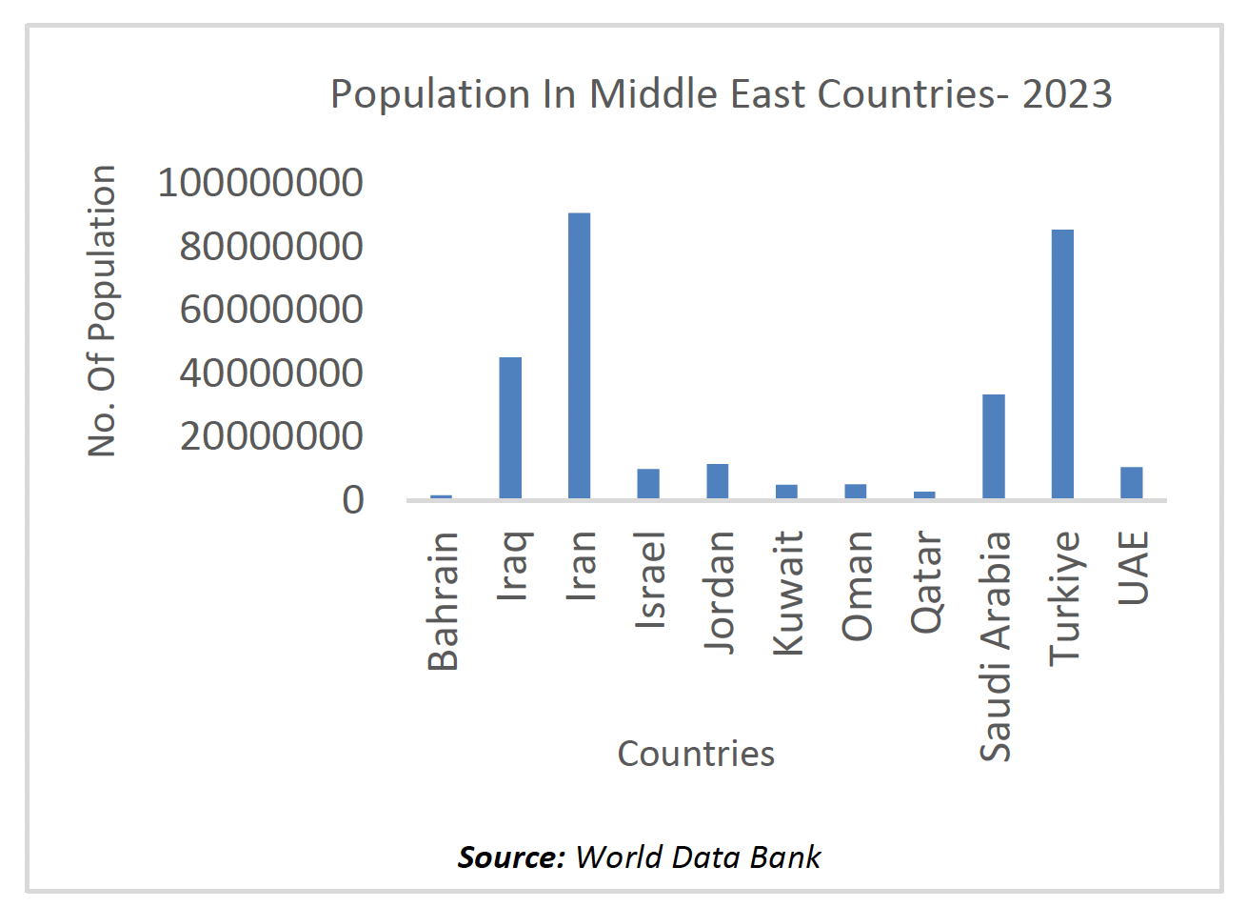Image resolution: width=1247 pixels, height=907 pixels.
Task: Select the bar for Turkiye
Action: point(1062,364)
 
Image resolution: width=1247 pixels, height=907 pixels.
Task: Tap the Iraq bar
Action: point(510,428)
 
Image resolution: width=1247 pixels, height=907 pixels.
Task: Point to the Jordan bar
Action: point(717,481)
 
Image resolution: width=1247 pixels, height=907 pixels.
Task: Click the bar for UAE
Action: point(1131,483)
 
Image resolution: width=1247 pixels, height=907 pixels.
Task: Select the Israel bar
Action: point(648,484)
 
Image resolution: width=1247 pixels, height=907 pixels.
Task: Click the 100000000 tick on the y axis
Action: point(260,182)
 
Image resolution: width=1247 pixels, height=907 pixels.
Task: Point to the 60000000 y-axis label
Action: point(271,309)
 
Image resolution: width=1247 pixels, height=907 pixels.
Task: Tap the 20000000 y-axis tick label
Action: point(271,435)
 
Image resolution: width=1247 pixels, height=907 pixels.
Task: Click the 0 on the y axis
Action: point(353,499)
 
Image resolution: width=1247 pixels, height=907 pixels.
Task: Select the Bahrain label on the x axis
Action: point(444,601)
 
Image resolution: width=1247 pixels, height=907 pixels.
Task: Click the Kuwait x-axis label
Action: point(788,593)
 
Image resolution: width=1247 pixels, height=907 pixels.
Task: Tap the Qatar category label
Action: point(926,582)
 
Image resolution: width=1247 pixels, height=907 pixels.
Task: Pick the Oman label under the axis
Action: point(857,585)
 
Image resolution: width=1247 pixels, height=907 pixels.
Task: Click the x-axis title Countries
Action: point(696,754)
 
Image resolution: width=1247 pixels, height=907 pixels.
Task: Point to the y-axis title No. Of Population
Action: point(102,311)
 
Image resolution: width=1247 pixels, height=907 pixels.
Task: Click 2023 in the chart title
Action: point(1067,94)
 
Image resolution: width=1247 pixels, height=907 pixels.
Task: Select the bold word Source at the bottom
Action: point(511,857)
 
